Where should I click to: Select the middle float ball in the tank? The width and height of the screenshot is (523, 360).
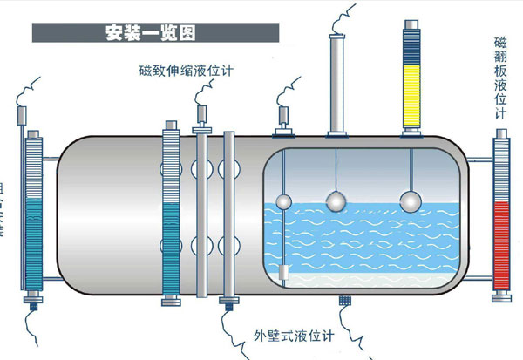click(x=335, y=201)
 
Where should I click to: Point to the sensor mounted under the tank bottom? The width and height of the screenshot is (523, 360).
click(x=343, y=301)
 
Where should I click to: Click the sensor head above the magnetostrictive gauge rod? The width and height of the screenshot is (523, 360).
click(x=200, y=113)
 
